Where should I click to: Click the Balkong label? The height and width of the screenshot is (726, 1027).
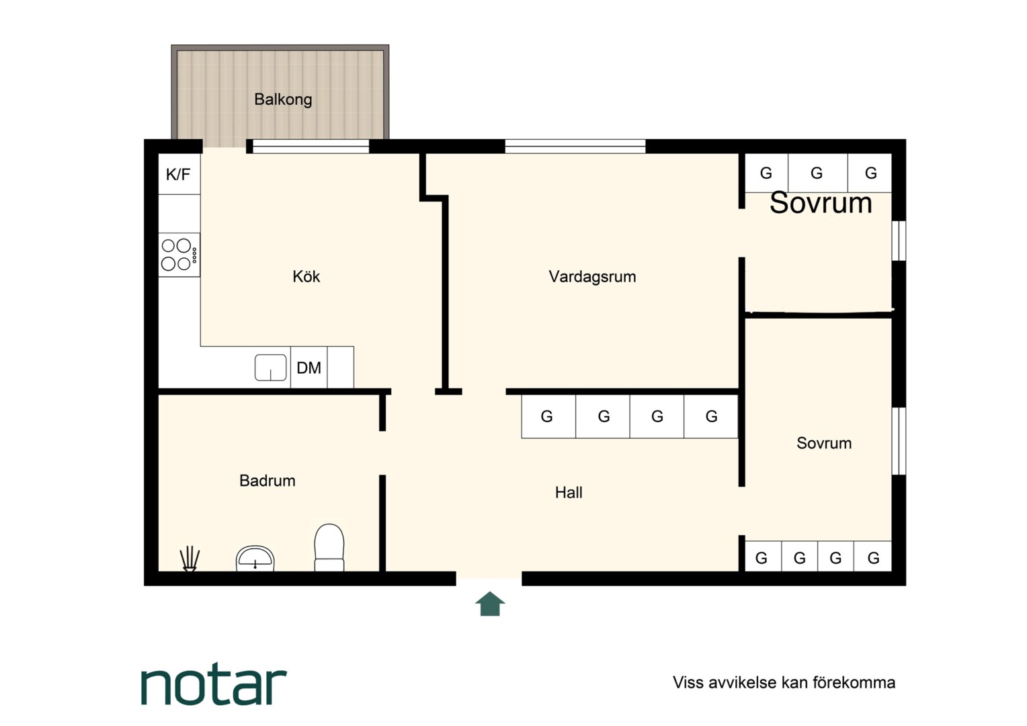click(283, 99)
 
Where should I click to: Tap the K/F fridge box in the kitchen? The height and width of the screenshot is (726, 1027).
click(179, 174)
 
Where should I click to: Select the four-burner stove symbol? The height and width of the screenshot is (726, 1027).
click(179, 255)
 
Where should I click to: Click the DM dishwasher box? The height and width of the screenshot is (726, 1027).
click(309, 367)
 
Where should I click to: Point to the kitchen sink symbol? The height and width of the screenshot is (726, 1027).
click(270, 367)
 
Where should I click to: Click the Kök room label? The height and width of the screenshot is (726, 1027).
click(306, 276)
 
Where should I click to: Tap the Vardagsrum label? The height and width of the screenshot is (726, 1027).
click(592, 276)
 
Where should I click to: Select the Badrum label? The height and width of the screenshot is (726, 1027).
click(268, 481)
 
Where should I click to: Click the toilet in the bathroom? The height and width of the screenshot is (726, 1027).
click(329, 548)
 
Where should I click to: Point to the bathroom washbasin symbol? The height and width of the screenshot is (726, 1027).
click(255, 559)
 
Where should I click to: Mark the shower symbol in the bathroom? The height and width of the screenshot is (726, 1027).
click(190, 559)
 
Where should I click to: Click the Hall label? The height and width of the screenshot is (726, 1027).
click(569, 493)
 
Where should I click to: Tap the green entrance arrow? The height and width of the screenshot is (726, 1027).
click(490, 604)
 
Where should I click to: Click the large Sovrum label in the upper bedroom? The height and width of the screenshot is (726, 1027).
click(821, 203)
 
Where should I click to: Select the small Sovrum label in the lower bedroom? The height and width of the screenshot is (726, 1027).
click(824, 443)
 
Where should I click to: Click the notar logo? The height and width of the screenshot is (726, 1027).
click(214, 686)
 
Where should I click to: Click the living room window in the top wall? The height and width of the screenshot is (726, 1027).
click(575, 147)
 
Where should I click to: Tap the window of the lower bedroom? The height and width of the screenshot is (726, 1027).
click(899, 441)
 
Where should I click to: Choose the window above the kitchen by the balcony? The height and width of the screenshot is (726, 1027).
click(311, 147)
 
